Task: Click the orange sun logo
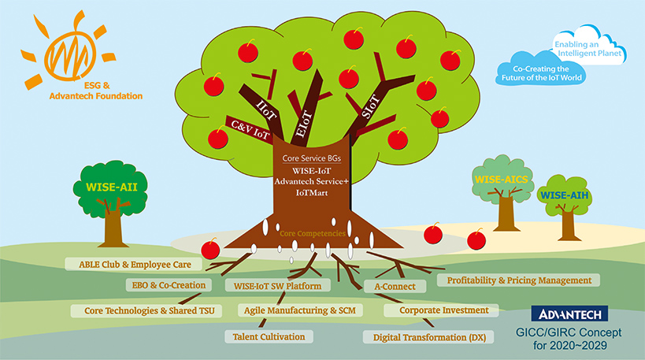66,53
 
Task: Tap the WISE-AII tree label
113,187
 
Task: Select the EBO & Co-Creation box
169,285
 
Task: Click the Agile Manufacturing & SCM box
299,310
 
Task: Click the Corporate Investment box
443,310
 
